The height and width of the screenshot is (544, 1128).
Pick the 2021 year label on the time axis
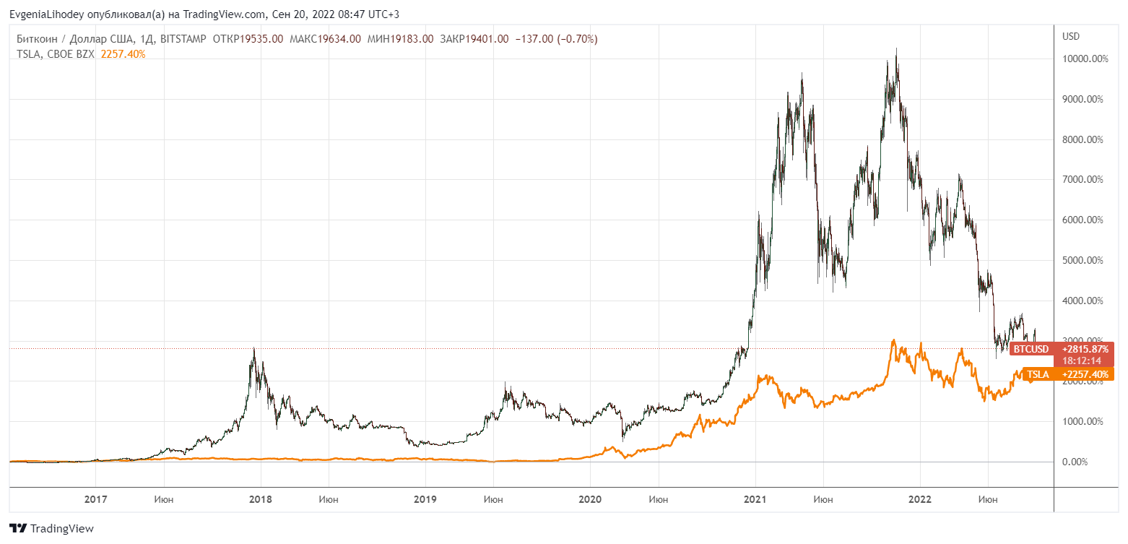[x=755, y=499]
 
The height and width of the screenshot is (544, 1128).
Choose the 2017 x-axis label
[x=96, y=499]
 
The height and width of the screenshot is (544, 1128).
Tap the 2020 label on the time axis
[x=590, y=499]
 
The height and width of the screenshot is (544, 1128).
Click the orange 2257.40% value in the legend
[x=123, y=53]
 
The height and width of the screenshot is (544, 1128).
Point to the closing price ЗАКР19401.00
[x=474, y=39]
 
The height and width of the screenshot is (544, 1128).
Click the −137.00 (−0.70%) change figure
[x=556, y=39]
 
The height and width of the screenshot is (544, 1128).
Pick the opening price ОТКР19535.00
[x=248, y=39]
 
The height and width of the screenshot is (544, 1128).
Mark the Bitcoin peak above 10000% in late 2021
[x=896, y=51]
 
